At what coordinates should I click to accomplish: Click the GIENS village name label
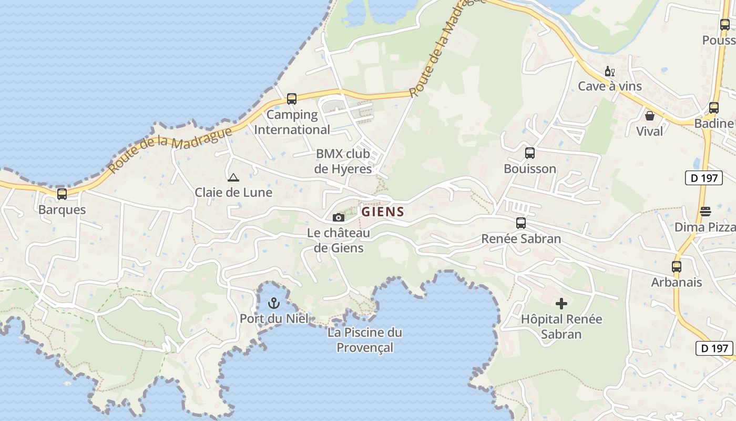pos(383,212)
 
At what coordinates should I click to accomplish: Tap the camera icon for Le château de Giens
pos(339,217)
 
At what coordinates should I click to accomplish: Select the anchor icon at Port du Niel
pos(273,303)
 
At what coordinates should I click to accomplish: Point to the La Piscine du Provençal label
pos(365,340)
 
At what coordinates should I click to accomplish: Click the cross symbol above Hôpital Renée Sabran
pos(561,304)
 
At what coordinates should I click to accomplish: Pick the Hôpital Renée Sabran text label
pos(561,326)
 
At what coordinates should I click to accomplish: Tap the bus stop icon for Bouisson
pos(530,153)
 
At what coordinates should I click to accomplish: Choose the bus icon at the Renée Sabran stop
pos(521,223)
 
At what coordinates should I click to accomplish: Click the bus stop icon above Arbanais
pos(677,267)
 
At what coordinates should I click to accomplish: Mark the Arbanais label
pos(677,282)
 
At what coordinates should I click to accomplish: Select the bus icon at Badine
pos(714,108)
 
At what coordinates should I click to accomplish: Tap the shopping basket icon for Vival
pos(650,116)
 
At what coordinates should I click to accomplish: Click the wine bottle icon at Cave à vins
pos(609,71)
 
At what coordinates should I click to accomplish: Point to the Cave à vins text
pos(610,86)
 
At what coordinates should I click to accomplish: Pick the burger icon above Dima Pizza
pos(706,212)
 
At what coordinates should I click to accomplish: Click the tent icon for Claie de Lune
pos(233,177)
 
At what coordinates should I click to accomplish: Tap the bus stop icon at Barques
pos(62,194)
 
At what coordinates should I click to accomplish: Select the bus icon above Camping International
pos(292,99)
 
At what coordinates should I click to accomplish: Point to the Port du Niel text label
pos(274,318)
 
